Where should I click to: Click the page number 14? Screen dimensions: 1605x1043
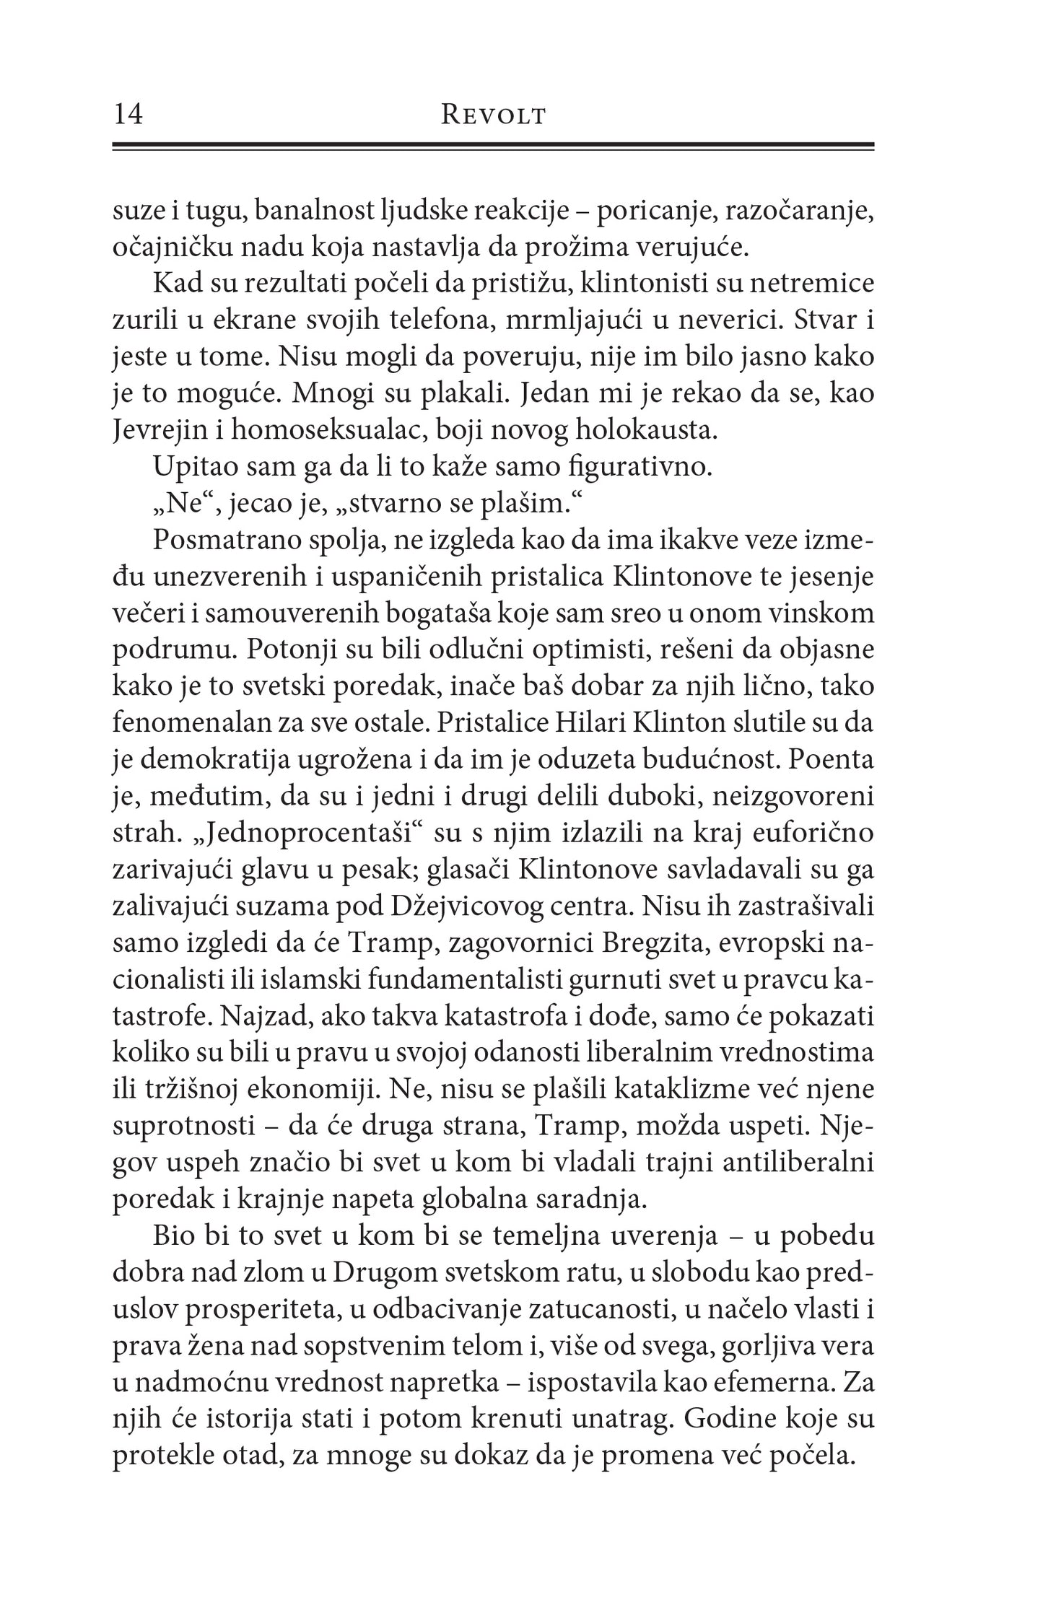point(128,115)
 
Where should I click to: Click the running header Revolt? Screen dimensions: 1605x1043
point(493,116)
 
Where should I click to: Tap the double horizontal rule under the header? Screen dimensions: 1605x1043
point(493,146)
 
